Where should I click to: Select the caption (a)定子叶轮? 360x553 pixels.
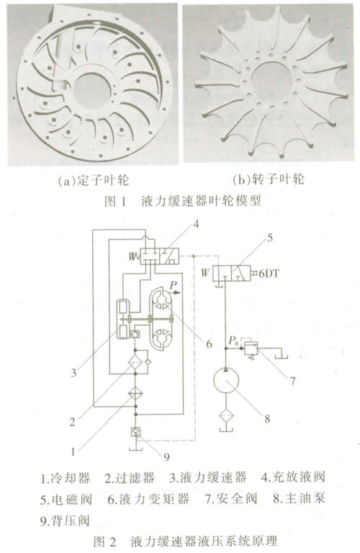[94, 181]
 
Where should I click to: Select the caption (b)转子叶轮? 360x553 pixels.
[269, 180]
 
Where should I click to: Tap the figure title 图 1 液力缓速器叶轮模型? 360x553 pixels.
[183, 201]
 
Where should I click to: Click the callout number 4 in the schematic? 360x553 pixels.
[197, 224]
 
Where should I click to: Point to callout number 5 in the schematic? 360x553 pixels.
[270, 238]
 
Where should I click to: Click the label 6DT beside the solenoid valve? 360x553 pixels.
[269, 274]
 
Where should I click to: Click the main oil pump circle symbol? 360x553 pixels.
[226, 380]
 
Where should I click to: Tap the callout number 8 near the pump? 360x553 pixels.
[267, 418]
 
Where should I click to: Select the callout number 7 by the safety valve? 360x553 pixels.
[292, 381]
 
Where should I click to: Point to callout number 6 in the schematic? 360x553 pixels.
[209, 344]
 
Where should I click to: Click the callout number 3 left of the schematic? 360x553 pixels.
[73, 373]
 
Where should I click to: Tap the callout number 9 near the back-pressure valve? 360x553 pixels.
[166, 457]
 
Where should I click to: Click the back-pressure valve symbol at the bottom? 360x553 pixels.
[135, 432]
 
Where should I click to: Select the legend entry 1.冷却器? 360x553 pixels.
[66, 478]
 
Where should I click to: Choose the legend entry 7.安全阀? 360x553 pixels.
[231, 499]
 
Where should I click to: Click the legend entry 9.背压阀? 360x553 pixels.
[66, 521]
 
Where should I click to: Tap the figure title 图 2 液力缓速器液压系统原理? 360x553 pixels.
[186, 541]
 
